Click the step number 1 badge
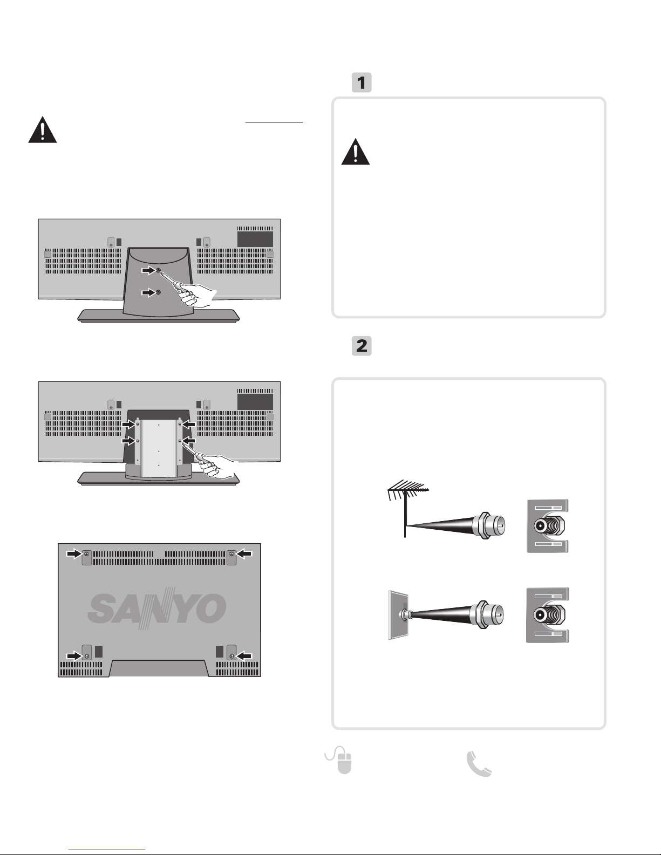pos(361,83)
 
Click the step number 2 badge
pos(361,346)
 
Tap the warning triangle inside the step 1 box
pos(355,152)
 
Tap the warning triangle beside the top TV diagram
pos(43,130)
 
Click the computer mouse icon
pos(339,760)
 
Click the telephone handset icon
pos(479,763)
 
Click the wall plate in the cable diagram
pos(398,614)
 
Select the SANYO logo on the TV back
pos(157,608)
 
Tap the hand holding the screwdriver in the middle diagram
pos(217,468)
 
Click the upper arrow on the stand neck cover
pos(148,270)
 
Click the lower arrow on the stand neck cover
pos(148,292)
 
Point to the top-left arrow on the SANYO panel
pos(73,553)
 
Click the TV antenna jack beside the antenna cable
pos(548,525)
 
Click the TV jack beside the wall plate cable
pos(548,615)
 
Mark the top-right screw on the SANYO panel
pos(231,554)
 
